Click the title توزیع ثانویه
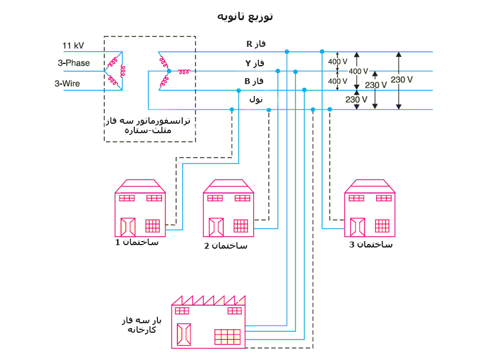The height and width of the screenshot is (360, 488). (x=244, y=16)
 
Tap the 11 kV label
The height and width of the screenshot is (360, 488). (x=73, y=45)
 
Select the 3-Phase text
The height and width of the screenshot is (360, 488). (x=73, y=63)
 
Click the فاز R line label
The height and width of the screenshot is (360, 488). (x=256, y=44)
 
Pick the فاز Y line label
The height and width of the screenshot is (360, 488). (x=255, y=63)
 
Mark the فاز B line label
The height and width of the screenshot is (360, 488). (x=255, y=81)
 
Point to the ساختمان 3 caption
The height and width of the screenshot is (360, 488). (x=370, y=244)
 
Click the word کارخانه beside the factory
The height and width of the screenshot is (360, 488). (x=141, y=329)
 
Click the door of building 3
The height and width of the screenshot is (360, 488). (x=358, y=227)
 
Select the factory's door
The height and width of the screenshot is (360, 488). (x=185, y=335)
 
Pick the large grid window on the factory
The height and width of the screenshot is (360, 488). (x=227, y=336)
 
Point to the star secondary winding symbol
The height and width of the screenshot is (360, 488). (x=168, y=72)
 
